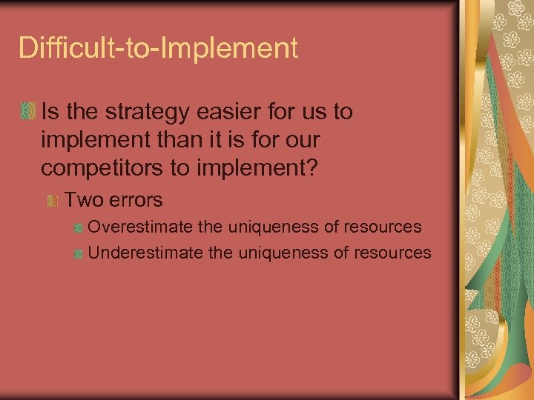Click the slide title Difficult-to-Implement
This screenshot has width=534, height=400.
click(x=158, y=48)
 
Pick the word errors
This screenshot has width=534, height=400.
click(x=133, y=200)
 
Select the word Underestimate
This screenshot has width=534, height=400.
click(x=145, y=253)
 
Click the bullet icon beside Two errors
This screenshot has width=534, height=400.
click(x=53, y=201)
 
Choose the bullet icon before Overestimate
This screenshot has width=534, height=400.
click(x=78, y=227)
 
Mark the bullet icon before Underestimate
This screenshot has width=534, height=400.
click(x=78, y=253)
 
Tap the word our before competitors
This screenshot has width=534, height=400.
click(x=303, y=141)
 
